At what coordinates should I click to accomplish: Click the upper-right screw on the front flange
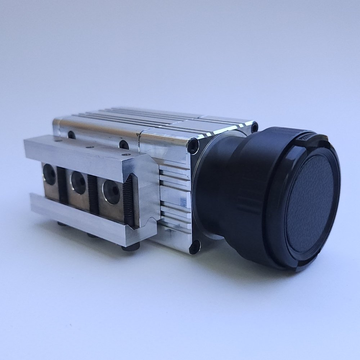[255, 127]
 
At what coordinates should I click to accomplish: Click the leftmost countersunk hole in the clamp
[50, 175]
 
